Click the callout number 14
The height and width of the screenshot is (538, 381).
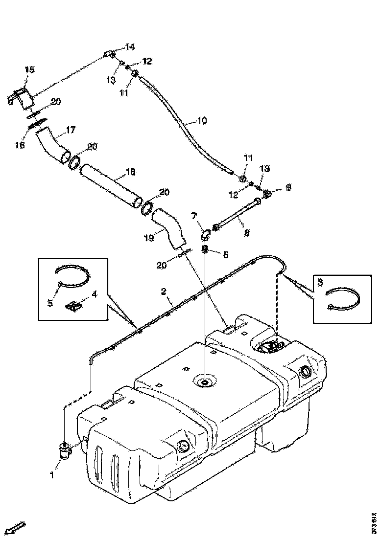[129, 47]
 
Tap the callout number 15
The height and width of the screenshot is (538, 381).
[29, 70]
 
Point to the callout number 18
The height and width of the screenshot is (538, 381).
[131, 173]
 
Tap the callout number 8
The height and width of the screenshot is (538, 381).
[246, 233]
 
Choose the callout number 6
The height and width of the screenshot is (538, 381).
[226, 254]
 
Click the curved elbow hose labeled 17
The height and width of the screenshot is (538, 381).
[53, 145]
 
